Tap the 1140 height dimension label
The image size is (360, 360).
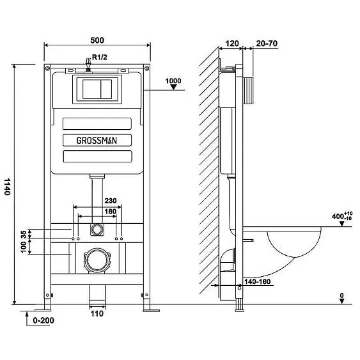pos(8,186)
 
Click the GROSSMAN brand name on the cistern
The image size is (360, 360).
pos(97,139)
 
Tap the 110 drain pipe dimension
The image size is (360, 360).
pos(97,314)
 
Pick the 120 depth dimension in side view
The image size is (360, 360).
pos(232,44)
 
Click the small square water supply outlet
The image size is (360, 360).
pos(97,228)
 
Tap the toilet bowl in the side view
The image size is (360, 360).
pos(294,243)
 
